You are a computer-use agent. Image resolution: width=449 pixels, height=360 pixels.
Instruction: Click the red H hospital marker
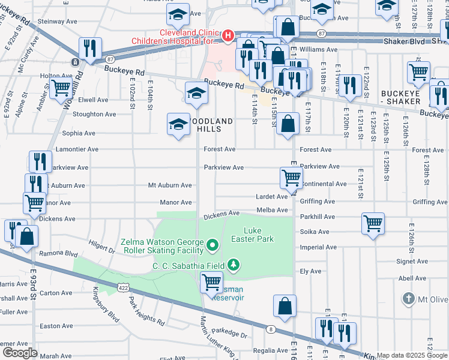click(x=228, y=36)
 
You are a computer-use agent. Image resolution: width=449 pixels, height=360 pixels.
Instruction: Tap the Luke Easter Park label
click(x=259, y=235)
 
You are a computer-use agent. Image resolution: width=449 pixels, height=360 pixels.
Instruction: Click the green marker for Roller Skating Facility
click(x=211, y=245)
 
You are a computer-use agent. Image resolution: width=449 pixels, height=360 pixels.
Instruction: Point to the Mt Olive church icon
click(x=408, y=298)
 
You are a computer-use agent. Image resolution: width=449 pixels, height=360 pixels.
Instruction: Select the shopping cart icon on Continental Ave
click(x=291, y=177)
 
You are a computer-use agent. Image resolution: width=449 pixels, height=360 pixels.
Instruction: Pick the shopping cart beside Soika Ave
click(x=373, y=223)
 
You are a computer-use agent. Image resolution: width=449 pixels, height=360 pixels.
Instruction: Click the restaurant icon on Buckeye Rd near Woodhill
click(x=90, y=49)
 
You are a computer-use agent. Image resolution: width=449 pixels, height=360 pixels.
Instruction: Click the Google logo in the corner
click(x=20, y=352)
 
